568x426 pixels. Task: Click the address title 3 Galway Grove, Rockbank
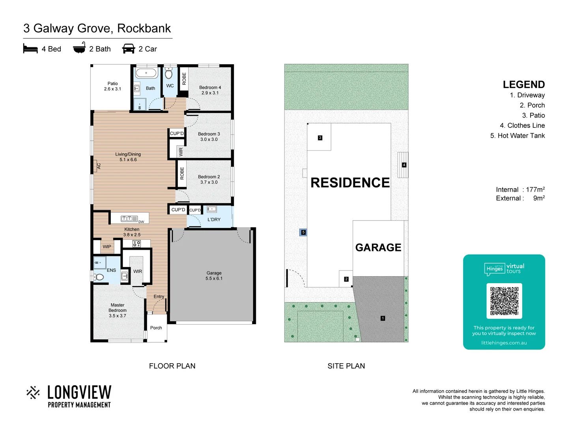tap(97, 28)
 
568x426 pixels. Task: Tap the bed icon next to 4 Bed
tap(30, 49)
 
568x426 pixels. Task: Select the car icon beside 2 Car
tap(129, 49)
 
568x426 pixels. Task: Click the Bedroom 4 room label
tap(210, 90)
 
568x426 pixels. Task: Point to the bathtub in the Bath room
tap(146, 73)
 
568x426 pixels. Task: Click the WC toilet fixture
tap(169, 74)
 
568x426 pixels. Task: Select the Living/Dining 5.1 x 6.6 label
tap(128, 157)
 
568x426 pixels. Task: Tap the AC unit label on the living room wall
tap(99, 166)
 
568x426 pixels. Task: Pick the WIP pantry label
tap(107, 247)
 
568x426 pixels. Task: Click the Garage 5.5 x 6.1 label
tap(214, 276)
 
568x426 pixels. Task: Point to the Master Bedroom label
tap(118, 310)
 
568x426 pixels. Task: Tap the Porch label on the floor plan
tap(156, 328)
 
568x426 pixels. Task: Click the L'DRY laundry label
tap(214, 220)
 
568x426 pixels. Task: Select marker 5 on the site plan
tap(303, 232)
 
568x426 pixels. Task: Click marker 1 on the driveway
tap(383, 318)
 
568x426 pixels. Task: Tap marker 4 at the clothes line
tap(404, 165)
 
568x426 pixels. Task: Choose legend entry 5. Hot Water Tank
tap(518, 136)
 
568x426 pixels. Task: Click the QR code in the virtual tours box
tap(504, 301)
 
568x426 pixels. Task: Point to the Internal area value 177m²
tap(535, 190)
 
